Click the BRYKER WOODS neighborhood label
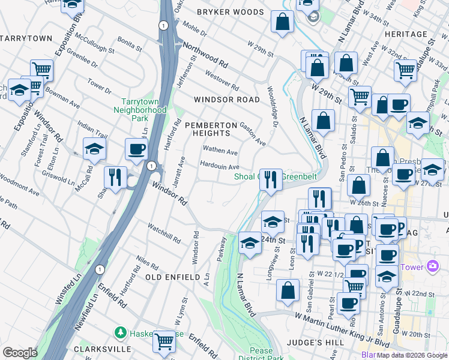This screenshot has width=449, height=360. [231, 11]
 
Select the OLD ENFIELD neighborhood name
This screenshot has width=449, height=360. [172, 277]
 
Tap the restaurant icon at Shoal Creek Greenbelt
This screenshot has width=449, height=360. [271, 179]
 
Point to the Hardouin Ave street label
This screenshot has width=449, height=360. [220, 167]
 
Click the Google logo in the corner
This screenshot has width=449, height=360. [19, 353]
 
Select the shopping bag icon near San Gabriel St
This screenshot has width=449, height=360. [288, 290]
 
